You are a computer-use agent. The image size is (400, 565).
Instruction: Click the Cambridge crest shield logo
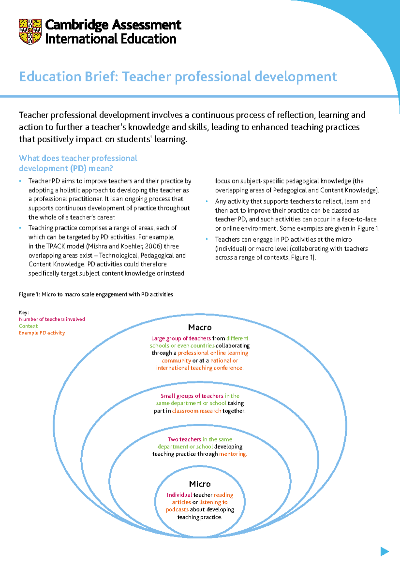(30, 32)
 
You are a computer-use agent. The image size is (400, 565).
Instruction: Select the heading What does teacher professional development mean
(78, 163)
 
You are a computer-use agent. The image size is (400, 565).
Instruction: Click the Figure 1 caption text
(96, 294)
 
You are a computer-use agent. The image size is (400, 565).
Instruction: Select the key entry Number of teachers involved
(52, 319)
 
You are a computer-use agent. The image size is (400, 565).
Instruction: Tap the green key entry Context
(28, 326)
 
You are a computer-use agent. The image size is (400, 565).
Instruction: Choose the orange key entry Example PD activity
(42, 333)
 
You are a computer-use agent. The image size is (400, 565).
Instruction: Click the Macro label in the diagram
(200, 327)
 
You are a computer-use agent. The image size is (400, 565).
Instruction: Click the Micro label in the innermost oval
(200, 484)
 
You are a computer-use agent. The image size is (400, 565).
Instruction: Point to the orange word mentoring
(233, 454)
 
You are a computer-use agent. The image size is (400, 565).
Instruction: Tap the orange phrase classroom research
(196, 411)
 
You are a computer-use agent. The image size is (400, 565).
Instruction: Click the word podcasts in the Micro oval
(177, 510)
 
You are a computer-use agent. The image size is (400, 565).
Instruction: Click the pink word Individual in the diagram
(179, 495)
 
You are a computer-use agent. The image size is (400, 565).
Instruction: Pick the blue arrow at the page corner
(384, 551)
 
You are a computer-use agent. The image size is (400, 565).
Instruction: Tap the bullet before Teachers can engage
(207, 239)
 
